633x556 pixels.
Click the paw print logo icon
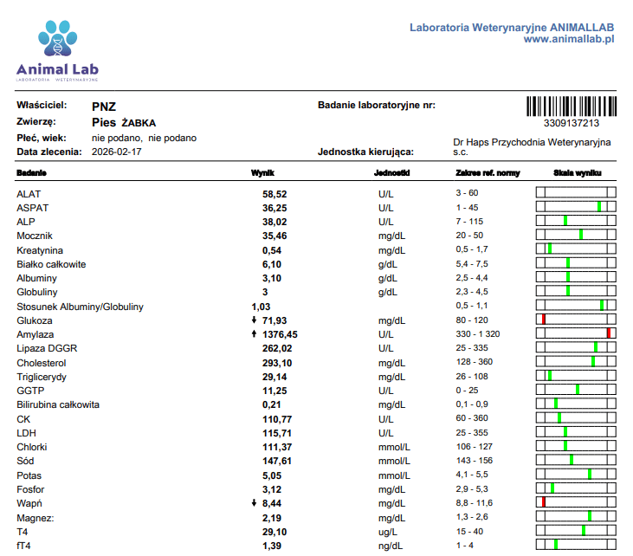point(58,38)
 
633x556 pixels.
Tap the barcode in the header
point(572,107)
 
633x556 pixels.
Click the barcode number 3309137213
point(572,123)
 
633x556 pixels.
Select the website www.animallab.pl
point(569,39)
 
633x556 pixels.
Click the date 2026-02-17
point(116,152)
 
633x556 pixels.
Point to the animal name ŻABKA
point(139,123)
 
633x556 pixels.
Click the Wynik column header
point(262,173)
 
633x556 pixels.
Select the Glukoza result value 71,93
point(275,320)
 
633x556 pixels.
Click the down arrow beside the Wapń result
point(254,502)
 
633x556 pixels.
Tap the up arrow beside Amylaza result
point(254,333)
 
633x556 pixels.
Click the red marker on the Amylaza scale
point(609,333)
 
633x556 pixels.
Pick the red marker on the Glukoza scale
point(544,320)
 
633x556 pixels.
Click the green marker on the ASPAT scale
point(599,207)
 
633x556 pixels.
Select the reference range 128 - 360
point(475,362)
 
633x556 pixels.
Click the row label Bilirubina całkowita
point(58,404)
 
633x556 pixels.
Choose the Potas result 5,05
point(272,475)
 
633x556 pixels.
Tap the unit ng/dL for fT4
point(391,546)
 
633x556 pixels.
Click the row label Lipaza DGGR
point(47,348)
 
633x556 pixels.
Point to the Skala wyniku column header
point(578,173)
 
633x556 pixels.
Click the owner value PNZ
point(104,107)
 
